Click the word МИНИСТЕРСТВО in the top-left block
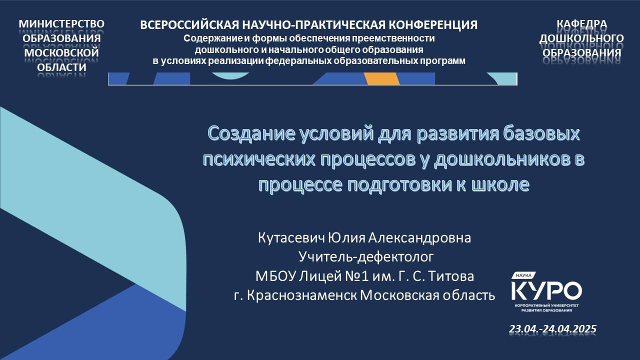61,24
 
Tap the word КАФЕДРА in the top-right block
582,24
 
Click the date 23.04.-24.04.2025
552,329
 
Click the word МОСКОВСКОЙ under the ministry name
61,52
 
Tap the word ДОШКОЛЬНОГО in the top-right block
582,38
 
